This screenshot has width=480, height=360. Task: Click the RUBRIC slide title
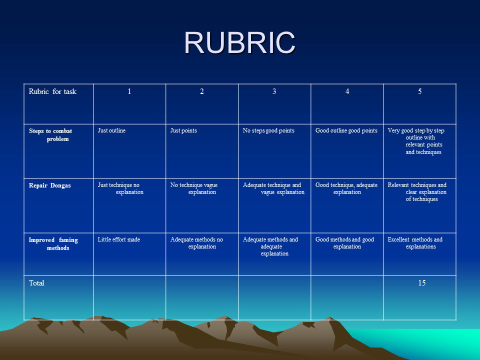click(x=239, y=42)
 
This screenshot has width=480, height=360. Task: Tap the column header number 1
click(x=129, y=91)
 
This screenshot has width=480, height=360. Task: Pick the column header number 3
click(x=274, y=91)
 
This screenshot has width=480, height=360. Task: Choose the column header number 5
click(x=419, y=91)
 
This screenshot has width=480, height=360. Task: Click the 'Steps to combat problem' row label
click(x=50, y=135)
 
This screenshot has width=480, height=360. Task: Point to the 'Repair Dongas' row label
click(x=49, y=185)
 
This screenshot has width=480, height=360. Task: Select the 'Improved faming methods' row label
click(x=53, y=244)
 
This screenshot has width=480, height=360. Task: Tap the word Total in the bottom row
click(x=36, y=283)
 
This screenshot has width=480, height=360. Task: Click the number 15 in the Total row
click(x=422, y=283)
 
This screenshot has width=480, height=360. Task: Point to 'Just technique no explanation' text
click(x=120, y=188)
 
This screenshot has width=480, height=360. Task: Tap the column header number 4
click(x=347, y=91)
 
